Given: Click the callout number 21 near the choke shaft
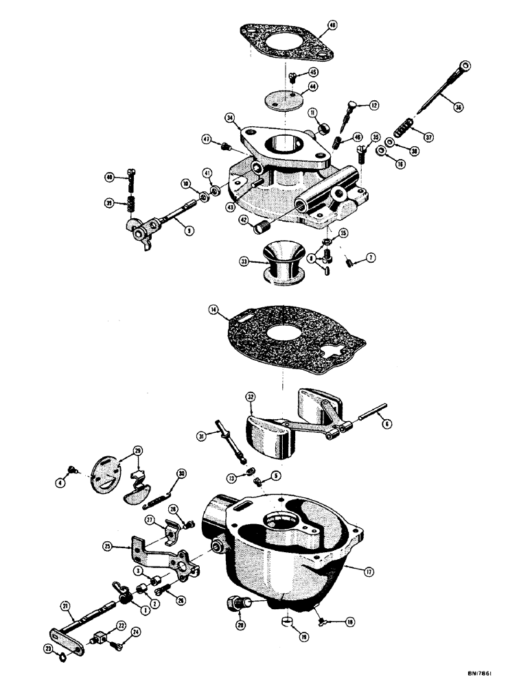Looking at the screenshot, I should (x=65, y=606).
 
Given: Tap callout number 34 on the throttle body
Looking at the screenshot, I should (x=229, y=118).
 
